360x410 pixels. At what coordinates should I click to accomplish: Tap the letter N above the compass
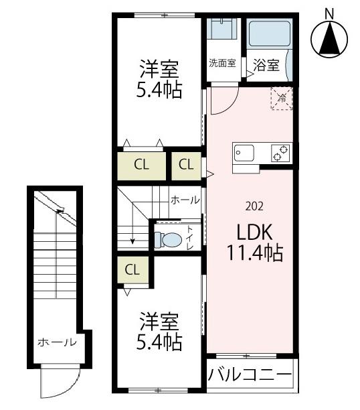tap(329, 12)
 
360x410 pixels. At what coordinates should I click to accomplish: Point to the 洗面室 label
tap(221, 64)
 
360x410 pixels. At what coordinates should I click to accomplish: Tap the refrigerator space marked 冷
tap(281, 98)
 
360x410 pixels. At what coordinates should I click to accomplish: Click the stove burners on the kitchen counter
tap(280, 153)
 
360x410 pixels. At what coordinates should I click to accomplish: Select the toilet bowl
tap(169, 239)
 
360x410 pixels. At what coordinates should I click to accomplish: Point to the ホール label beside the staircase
tap(184, 200)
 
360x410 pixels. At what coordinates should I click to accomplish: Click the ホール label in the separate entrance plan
tap(56, 342)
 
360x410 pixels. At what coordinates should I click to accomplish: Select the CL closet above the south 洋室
tap(132, 270)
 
